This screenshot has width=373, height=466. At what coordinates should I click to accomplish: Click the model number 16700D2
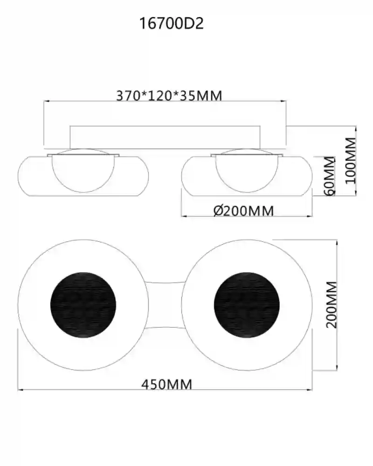click(x=172, y=23)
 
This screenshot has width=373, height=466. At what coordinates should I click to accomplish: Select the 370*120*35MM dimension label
click(x=169, y=96)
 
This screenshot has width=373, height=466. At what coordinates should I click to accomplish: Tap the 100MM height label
click(x=351, y=160)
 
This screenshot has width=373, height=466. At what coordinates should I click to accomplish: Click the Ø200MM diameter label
click(x=243, y=211)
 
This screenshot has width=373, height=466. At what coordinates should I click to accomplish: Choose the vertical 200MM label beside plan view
click(x=332, y=305)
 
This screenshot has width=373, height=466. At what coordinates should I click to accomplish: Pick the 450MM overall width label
click(x=166, y=384)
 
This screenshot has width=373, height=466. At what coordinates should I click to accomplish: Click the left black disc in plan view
click(x=83, y=305)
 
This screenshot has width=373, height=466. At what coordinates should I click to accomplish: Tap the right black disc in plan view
click(x=247, y=305)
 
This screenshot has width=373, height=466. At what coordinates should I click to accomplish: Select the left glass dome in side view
click(x=83, y=192)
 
